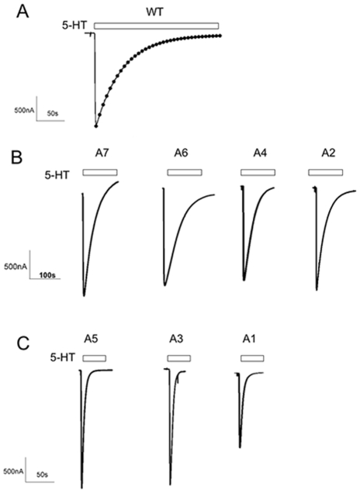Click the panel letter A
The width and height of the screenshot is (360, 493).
(23, 12)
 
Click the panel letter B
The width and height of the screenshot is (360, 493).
(16, 157)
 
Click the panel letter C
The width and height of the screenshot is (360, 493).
(23, 343)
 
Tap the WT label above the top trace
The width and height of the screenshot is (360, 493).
(155, 12)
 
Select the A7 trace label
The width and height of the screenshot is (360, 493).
(100, 153)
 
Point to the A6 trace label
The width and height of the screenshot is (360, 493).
(182, 153)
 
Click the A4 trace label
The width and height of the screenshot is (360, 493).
(261, 153)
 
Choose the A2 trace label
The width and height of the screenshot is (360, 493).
(328, 153)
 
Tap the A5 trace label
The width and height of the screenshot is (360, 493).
(92, 339)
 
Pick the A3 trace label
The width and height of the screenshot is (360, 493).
(176, 339)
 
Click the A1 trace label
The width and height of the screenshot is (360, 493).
(249, 339)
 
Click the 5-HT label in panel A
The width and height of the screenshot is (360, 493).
(74, 26)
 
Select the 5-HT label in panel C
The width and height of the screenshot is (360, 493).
(63, 357)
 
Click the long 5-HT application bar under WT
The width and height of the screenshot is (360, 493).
(157, 26)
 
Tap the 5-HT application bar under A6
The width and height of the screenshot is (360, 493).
(185, 172)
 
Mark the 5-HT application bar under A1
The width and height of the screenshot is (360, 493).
(252, 358)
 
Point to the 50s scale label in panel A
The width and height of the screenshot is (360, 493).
(53, 113)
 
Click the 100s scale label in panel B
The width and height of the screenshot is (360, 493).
(47, 276)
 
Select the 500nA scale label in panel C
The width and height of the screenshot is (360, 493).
(12, 471)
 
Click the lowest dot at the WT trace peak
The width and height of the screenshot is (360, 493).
(96, 126)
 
